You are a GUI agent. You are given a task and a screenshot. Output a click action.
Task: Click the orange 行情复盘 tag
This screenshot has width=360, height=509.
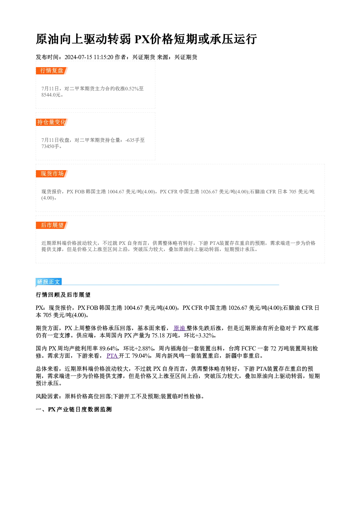[52, 71]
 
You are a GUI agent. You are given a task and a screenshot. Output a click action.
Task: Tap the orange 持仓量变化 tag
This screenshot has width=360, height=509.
[52, 122]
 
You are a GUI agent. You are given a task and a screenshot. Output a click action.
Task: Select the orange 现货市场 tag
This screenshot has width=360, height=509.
[52, 174]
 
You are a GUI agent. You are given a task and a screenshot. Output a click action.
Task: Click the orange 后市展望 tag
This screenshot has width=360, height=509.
[52, 225]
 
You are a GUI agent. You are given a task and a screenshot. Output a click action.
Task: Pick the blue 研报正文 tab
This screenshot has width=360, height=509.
[49, 282]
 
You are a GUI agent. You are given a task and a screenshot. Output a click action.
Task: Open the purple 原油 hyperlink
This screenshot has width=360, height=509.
[180, 328]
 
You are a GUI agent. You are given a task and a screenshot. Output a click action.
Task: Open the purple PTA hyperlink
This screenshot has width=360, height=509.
[112, 356]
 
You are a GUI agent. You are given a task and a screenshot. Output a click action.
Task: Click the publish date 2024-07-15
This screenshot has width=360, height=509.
[78, 57]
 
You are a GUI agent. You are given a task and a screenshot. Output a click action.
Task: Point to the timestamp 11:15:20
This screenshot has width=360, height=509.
[103, 57]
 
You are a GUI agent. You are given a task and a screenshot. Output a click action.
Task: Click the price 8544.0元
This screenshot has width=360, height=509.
[51, 95]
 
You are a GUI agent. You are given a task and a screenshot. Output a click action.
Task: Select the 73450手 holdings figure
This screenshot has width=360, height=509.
[50, 146]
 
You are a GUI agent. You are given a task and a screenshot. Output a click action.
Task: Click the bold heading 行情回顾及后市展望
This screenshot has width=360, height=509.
[63, 295]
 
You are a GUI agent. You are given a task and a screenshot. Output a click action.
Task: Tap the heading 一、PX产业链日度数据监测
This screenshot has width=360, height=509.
[74, 410]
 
